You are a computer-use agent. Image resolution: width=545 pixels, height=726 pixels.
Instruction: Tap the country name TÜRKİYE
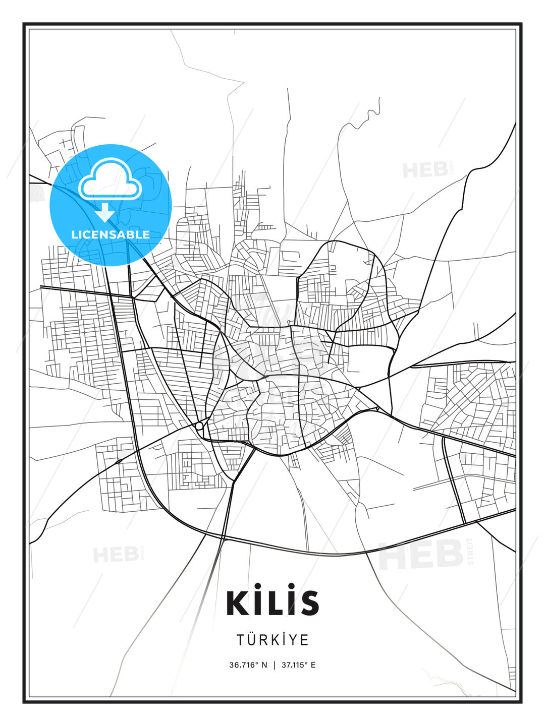pyautogui.click(x=272, y=640)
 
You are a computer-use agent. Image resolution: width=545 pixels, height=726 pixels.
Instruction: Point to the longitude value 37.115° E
pyautogui.click(x=297, y=665)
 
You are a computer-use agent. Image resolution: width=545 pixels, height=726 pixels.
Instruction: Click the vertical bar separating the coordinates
pyautogui.click(x=275, y=665)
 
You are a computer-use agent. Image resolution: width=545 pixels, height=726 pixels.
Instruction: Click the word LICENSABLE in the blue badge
pyautogui.click(x=111, y=234)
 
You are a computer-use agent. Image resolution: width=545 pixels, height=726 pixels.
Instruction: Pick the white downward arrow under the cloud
pyautogui.click(x=105, y=212)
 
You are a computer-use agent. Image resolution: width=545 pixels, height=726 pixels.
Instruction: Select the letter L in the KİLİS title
pyautogui.click(x=274, y=603)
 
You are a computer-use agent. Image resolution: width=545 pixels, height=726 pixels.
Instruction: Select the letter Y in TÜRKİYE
pyautogui.click(x=294, y=640)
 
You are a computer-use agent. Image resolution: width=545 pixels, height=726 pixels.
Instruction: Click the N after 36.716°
pyautogui.click(x=264, y=665)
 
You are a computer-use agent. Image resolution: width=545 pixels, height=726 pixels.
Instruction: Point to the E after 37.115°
pyautogui.click(x=313, y=665)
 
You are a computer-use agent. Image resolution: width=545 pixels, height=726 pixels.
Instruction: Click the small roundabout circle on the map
pyautogui.click(x=199, y=426)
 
